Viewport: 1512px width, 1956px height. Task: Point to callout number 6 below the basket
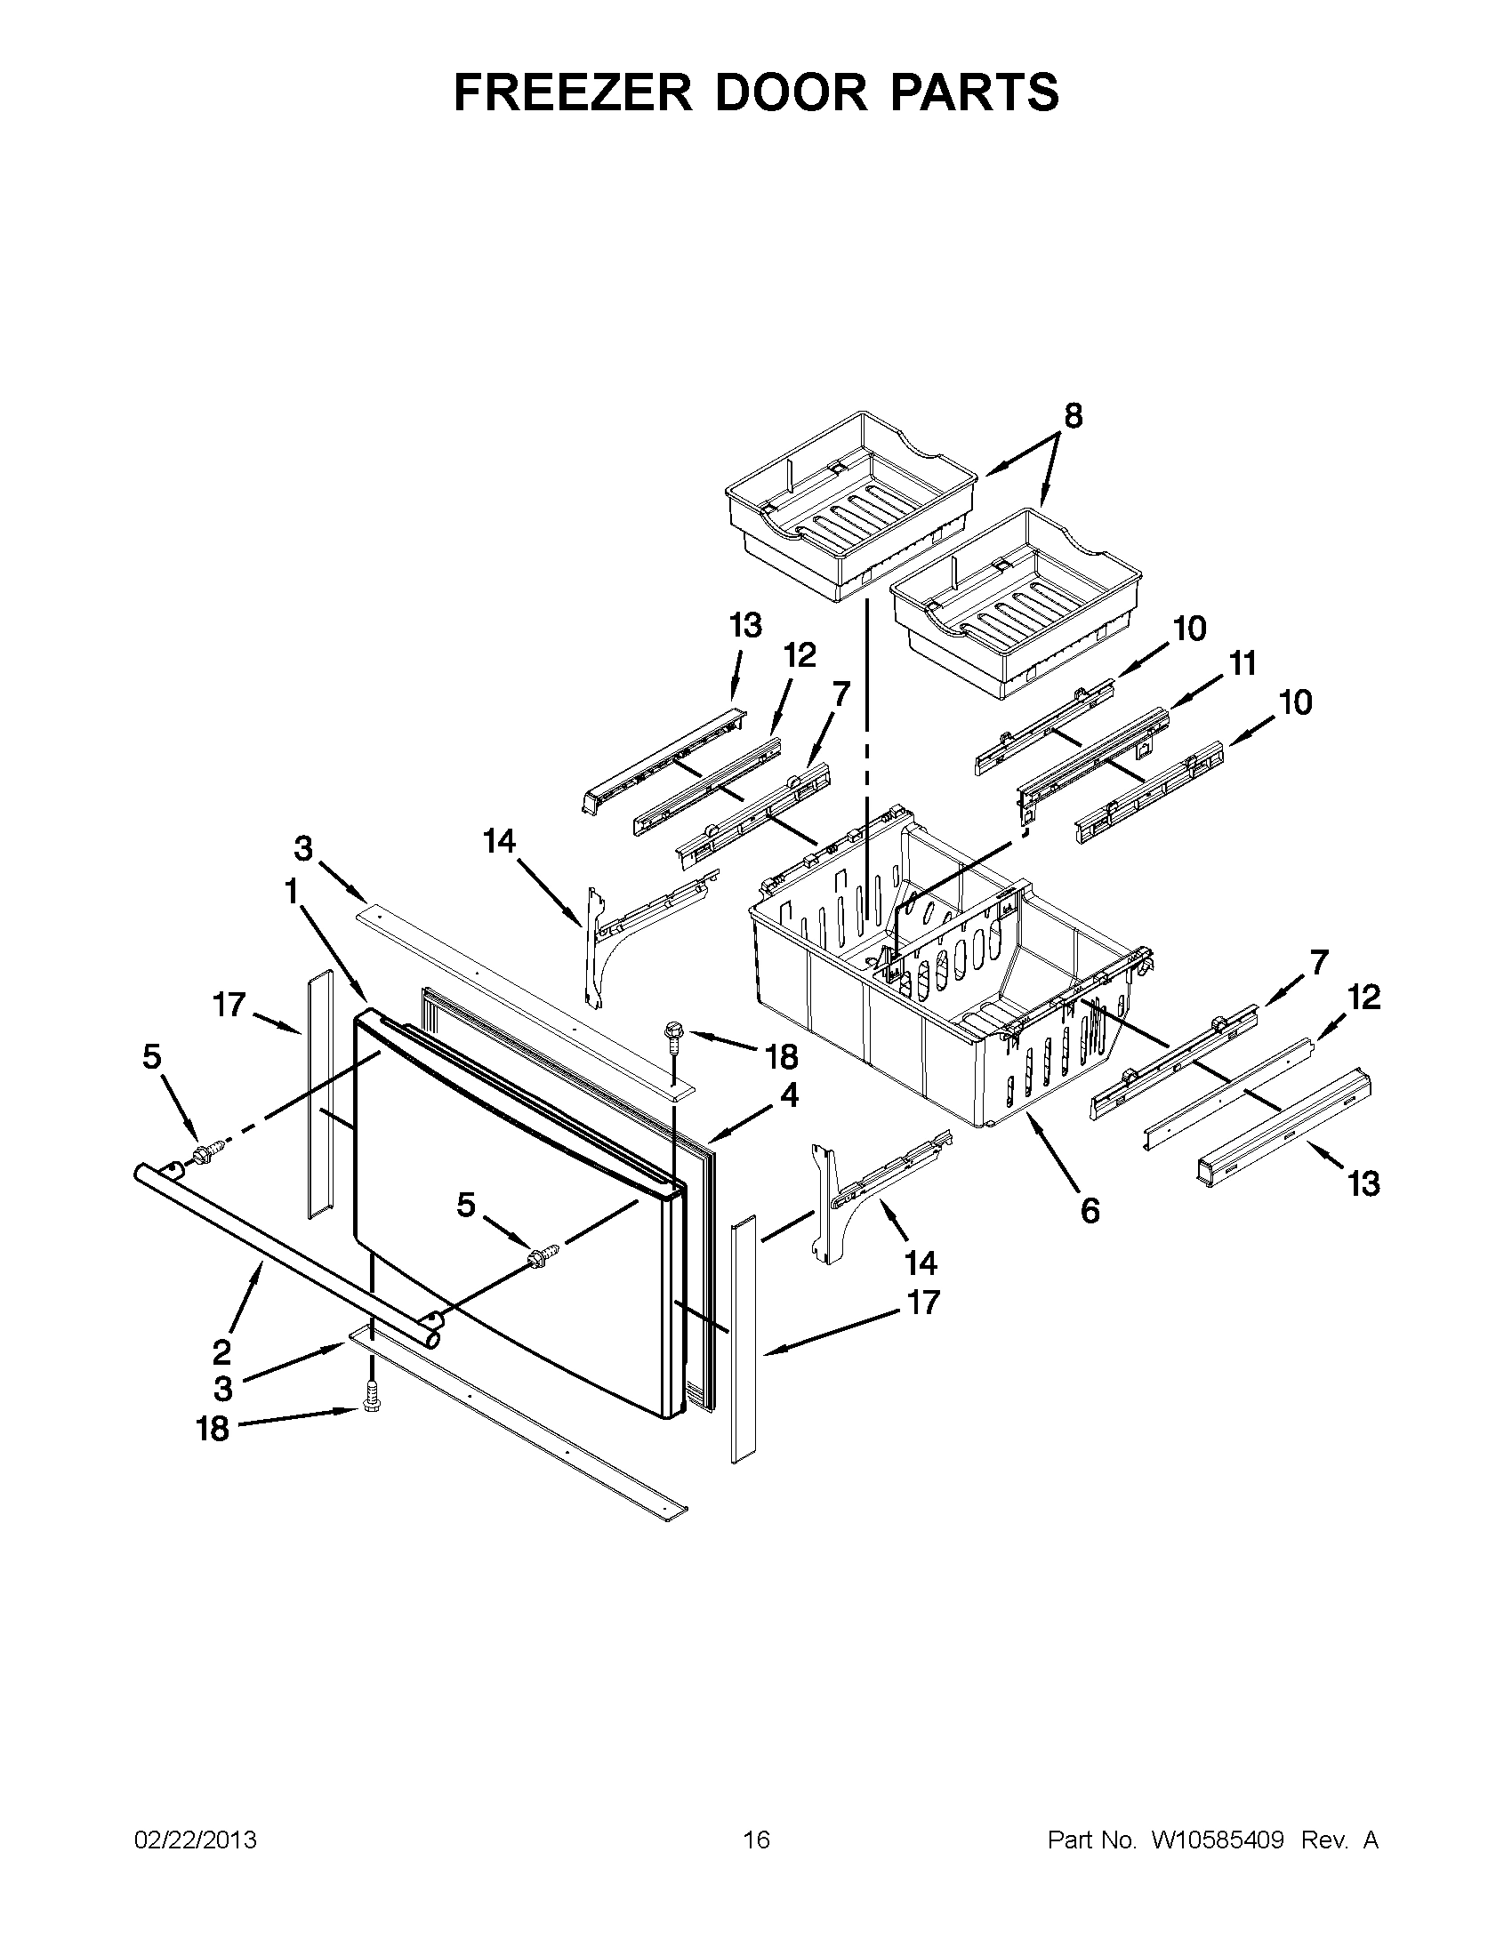1090,1211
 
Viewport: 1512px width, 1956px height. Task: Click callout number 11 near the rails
1242,662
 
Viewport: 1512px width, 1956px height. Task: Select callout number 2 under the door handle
221,1351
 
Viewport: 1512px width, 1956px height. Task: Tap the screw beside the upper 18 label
672,1036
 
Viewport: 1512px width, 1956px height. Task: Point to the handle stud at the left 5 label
205,1152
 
